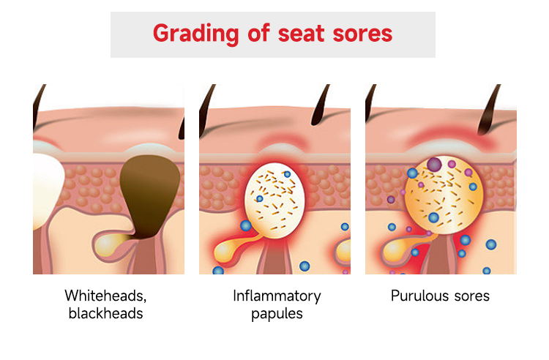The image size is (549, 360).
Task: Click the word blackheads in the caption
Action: tap(105, 314)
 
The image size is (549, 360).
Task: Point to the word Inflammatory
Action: tap(277, 296)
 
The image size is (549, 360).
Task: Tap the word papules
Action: tap(276, 314)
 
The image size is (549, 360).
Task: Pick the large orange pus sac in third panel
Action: tap(439, 194)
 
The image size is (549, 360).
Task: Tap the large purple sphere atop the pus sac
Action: tap(435, 164)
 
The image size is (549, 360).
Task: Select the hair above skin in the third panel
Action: tap(486, 110)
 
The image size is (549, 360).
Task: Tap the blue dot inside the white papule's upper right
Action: tap(287, 174)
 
